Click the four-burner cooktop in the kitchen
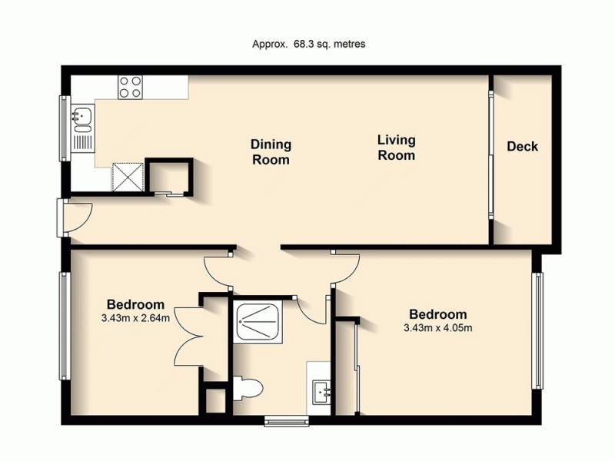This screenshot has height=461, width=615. point(130,86)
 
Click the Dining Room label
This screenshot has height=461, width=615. point(271,152)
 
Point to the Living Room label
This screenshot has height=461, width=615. point(396,148)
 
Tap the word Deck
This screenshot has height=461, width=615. point(523,146)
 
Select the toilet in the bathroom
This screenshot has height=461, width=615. point(244,388)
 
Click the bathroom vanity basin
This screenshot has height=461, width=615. point(322,392)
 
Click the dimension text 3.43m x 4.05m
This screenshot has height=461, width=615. point(438,328)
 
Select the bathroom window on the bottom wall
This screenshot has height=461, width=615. point(286,420)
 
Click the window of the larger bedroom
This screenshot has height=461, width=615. point(540,330)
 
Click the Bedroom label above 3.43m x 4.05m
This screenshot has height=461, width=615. point(438,314)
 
